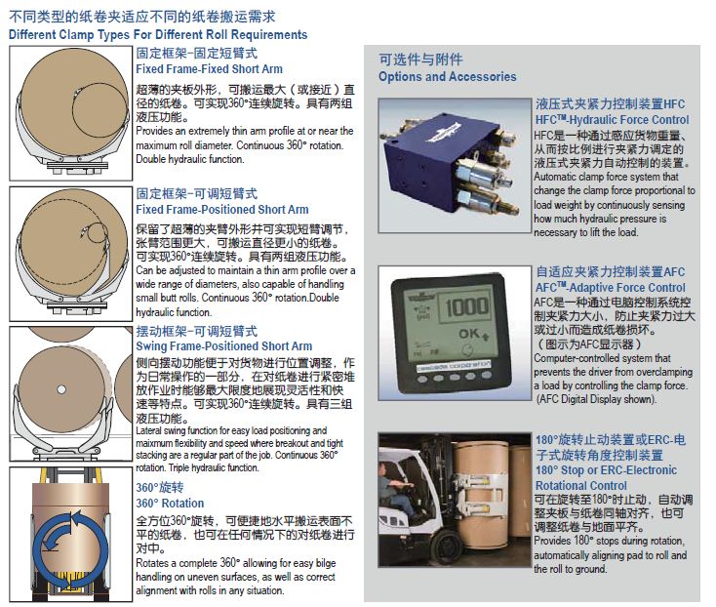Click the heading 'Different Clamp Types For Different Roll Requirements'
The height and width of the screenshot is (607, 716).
158,35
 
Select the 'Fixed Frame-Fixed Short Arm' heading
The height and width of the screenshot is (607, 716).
209,69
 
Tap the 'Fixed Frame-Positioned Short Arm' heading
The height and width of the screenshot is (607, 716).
222,210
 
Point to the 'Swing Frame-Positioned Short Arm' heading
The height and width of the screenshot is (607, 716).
224,346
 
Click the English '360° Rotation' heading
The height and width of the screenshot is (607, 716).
170,504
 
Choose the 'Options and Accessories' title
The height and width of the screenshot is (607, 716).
448,77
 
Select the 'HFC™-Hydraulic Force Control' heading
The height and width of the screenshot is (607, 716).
613,120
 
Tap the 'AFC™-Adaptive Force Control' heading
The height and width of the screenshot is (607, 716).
611,288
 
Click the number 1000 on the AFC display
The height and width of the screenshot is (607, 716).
466,306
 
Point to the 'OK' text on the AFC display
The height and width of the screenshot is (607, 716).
469,334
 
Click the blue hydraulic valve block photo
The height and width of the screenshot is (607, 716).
455,166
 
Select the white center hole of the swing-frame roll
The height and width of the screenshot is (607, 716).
61,389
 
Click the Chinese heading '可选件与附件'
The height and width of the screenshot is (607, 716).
421,59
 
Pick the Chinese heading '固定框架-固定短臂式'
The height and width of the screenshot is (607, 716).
197,53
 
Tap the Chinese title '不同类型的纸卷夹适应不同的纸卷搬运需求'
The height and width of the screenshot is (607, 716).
142,17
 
